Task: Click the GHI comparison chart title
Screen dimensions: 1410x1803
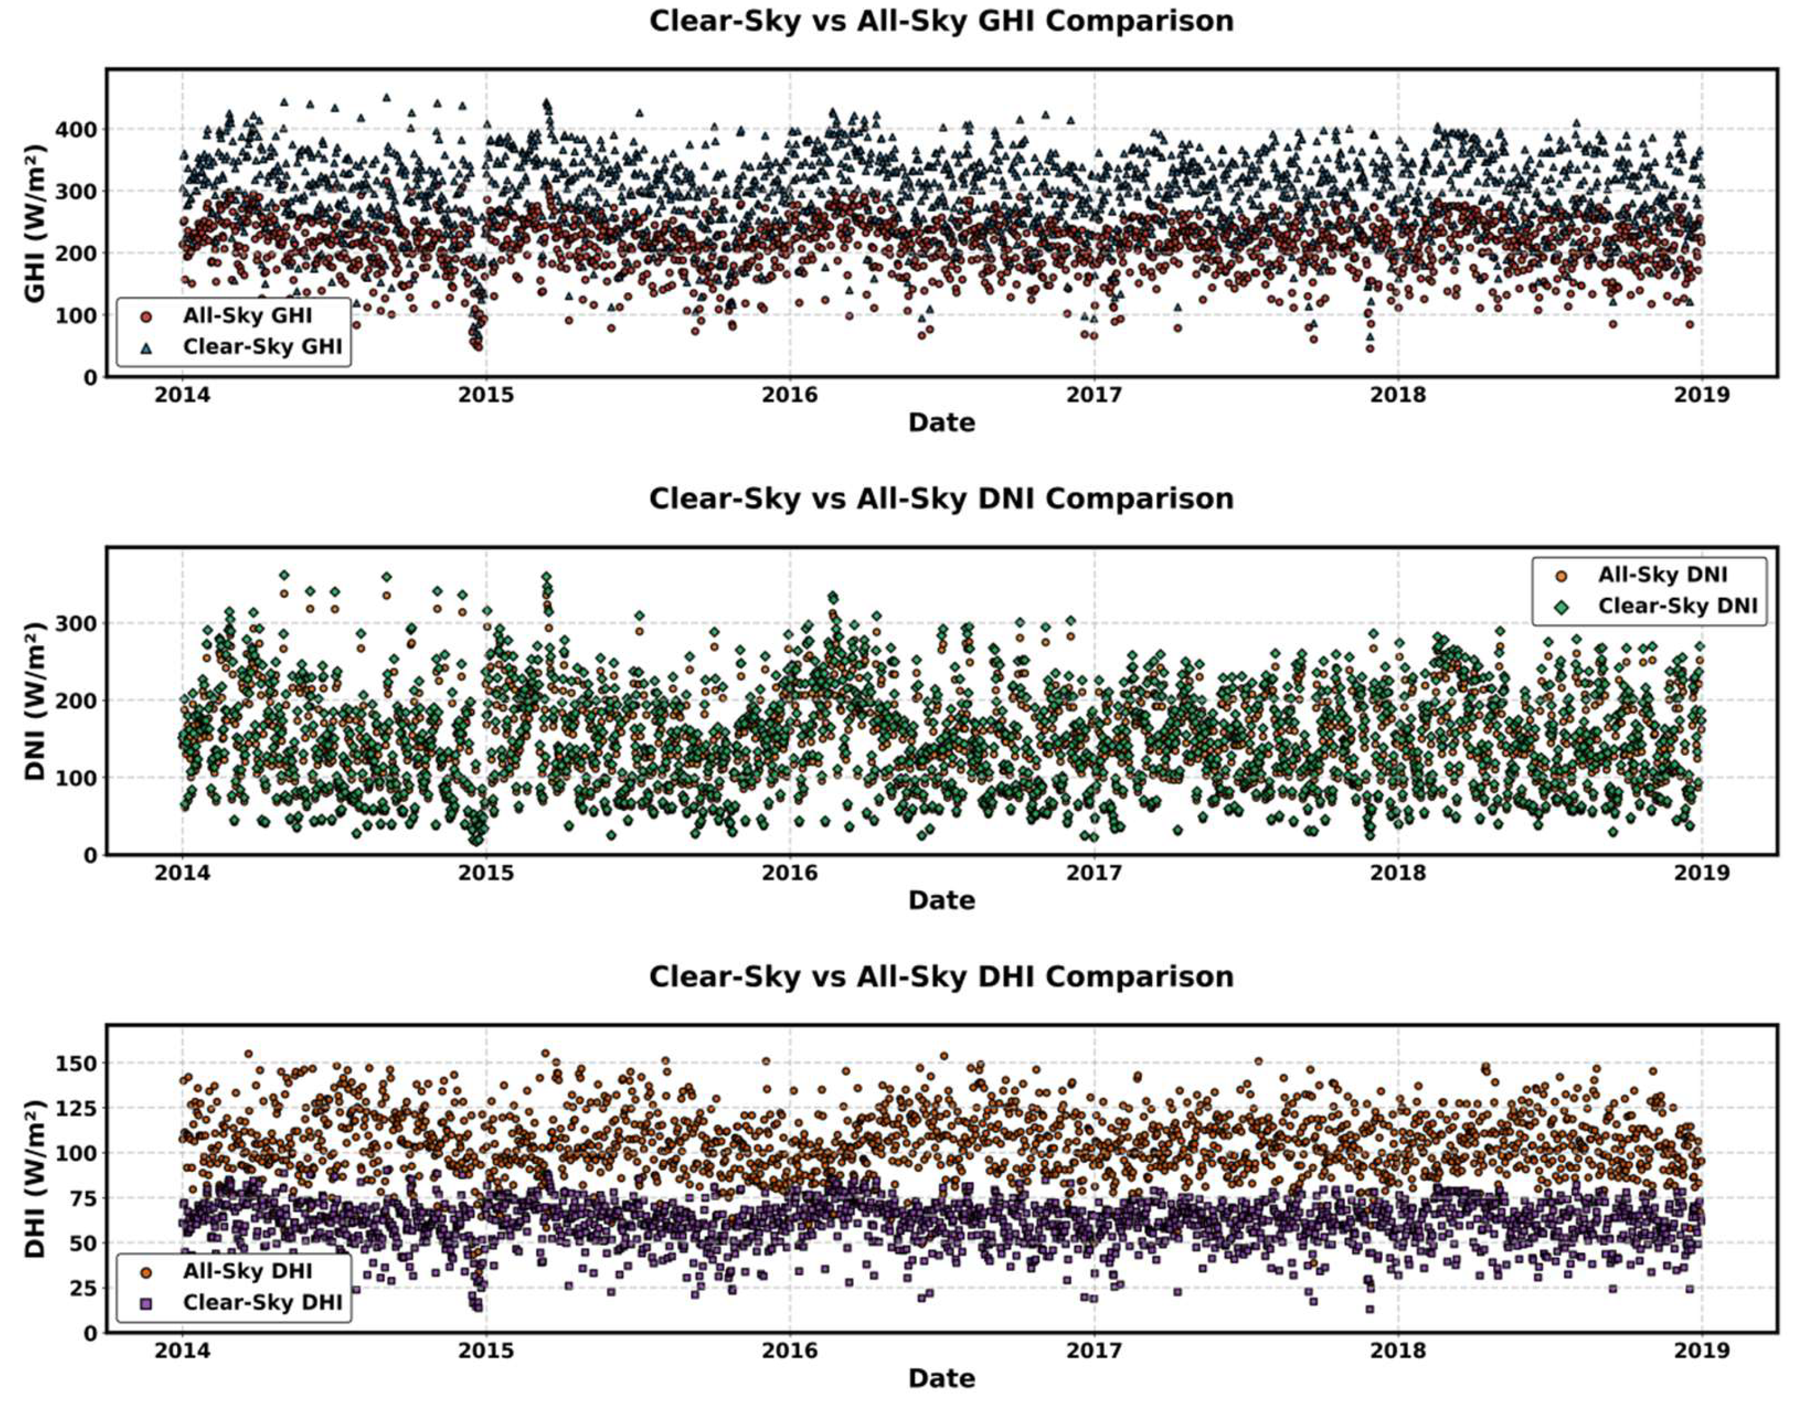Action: coord(941,21)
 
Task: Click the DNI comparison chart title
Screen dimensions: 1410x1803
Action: coord(941,499)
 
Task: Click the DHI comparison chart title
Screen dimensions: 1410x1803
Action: coord(941,976)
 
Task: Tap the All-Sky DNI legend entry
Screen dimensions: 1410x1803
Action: coord(1662,574)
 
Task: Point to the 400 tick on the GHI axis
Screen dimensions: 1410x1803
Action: coord(76,130)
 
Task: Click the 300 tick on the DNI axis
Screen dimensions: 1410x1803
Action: coord(76,623)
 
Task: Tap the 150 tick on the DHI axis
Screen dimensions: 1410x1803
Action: coord(76,1063)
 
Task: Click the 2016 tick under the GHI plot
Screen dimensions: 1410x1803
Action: coord(790,395)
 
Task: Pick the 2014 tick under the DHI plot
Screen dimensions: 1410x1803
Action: coord(183,1351)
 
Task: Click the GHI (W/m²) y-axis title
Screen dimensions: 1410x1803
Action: coord(35,223)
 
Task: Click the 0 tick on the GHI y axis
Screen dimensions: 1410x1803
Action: coord(89,377)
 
